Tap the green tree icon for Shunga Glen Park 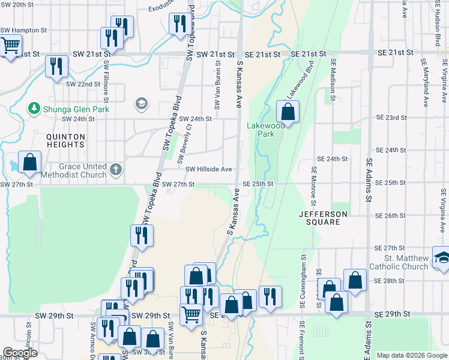(33, 108)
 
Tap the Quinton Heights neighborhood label (65, 140)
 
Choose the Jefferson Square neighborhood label (324, 218)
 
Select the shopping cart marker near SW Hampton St (10, 46)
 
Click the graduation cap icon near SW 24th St (142, 104)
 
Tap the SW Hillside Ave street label (208, 170)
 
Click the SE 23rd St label (391, 118)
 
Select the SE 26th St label (391, 215)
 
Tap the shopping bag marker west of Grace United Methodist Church (29, 162)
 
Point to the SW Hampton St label (23, 30)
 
